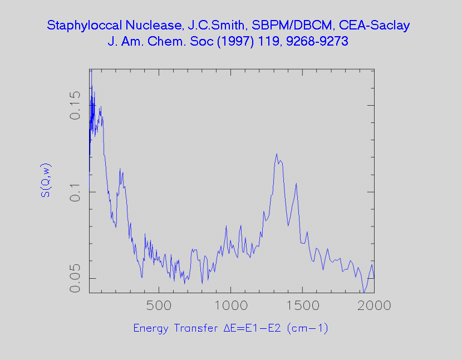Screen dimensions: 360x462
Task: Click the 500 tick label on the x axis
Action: [159, 305]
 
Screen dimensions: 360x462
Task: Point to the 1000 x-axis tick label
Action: [230, 305]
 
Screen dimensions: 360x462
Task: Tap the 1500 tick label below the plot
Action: [302, 305]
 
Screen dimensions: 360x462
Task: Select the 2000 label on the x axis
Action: [373, 305]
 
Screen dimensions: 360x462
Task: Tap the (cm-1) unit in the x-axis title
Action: [307, 328]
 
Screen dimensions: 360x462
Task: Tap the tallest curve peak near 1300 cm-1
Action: [277, 154]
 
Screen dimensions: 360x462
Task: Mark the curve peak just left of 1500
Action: [296, 184]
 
